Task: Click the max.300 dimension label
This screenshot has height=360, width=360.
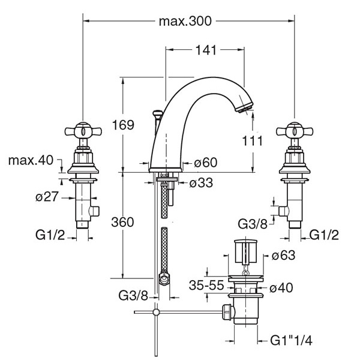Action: [x=185, y=22]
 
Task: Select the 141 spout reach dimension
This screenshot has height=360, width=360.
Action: [x=206, y=50]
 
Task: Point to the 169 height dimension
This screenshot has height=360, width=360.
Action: [x=123, y=125]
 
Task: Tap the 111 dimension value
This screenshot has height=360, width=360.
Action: [x=253, y=140]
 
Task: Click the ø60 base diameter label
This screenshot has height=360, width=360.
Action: [x=205, y=163]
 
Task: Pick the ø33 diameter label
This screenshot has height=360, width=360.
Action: [x=201, y=183]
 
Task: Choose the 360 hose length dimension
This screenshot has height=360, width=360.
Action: [x=122, y=222]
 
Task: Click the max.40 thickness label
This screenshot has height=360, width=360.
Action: [x=31, y=160]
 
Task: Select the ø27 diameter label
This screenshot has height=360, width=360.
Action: [x=47, y=197]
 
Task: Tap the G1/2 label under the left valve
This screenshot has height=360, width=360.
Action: [x=50, y=235]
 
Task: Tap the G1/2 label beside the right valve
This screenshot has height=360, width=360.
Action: [x=324, y=235]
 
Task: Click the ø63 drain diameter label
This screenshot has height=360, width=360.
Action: [x=283, y=255]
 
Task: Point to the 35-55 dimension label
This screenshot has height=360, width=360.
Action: [x=206, y=286]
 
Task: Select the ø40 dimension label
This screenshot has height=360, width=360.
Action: [x=281, y=287]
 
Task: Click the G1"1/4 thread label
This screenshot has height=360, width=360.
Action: [x=292, y=340]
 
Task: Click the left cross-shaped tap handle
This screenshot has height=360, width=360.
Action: [x=83, y=131]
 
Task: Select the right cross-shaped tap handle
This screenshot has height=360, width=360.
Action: [x=295, y=131]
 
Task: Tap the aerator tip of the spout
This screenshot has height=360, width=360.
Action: [x=244, y=107]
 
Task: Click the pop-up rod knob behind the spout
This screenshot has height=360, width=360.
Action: [x=158, y=113]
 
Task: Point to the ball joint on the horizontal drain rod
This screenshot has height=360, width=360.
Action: [x=156, y=312]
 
